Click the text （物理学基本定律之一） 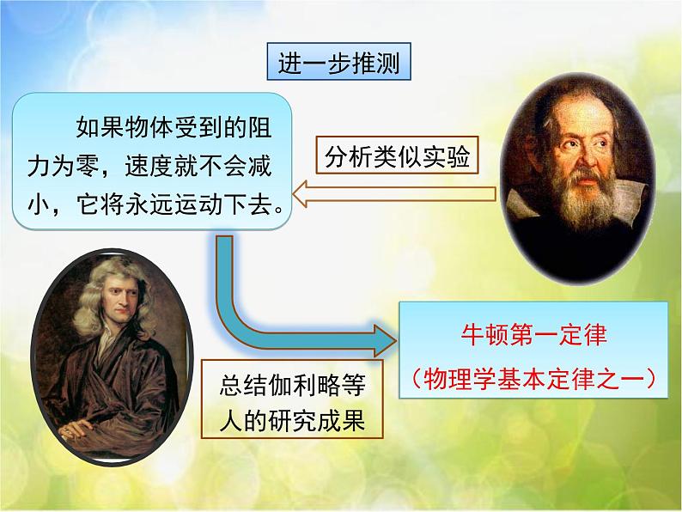533,378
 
